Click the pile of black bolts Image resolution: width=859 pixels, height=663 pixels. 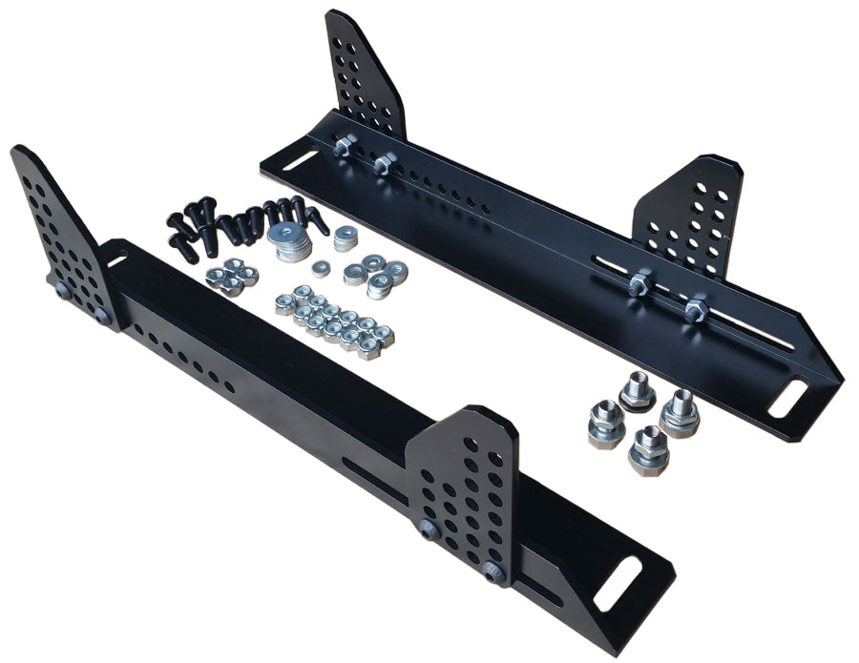[243, 221]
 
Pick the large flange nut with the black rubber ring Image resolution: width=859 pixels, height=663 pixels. [680, 411]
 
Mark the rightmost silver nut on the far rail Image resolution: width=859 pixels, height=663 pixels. [694, 309]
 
